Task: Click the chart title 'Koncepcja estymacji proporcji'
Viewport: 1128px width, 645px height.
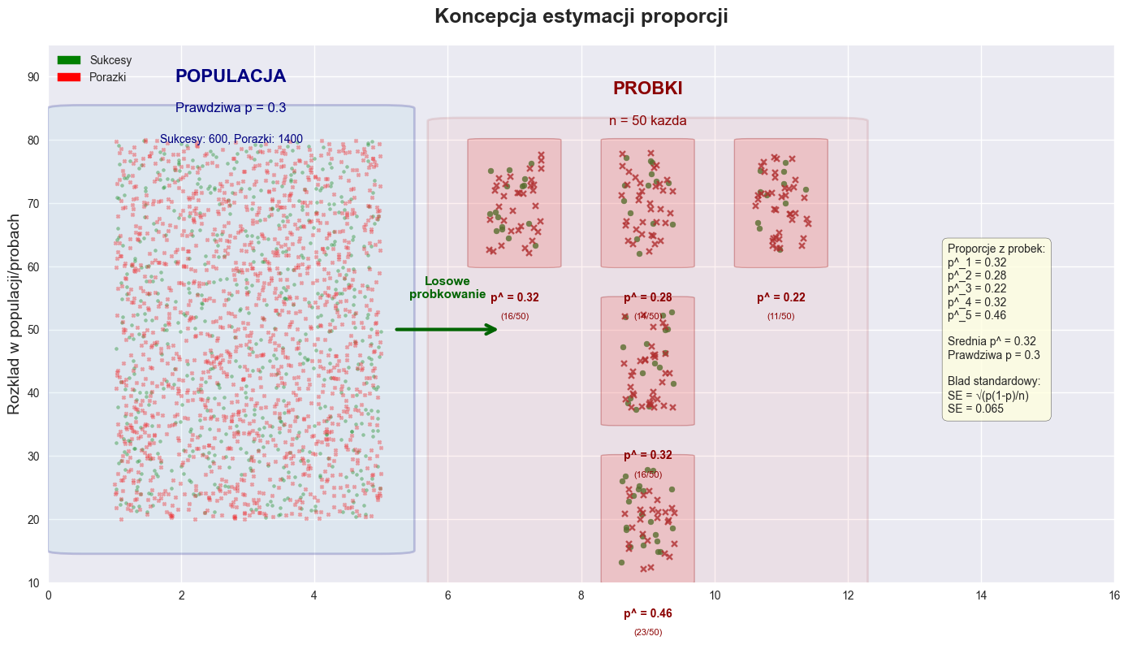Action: pos(581,16)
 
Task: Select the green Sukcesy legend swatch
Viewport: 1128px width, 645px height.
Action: pos(69,60)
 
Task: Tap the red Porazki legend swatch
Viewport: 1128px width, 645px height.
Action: pos(69,76)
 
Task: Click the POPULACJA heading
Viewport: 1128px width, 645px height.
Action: pos(231,76)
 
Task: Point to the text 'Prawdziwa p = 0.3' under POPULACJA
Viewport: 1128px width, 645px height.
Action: pos(231,107)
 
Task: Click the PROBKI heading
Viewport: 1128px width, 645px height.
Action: pos(647,89)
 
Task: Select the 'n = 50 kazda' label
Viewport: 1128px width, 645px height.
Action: pos(647,121)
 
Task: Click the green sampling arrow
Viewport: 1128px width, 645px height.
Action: pos(447,329)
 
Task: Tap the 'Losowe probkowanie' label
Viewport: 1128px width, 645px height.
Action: pos(447,288)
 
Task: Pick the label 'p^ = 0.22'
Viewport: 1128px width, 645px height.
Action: pos(781,298)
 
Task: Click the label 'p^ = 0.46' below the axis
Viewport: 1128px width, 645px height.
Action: pos(648,614)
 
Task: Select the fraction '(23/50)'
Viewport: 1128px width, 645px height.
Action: pos(648,632)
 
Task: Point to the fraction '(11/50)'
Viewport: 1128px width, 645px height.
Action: pos(781,316)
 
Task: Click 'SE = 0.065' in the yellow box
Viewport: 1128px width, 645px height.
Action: pos(975,409)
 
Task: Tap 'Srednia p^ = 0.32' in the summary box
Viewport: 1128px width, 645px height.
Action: pos(992,341)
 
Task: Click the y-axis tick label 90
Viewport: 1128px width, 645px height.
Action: pos(33,77)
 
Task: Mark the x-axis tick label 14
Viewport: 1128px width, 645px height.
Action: pos(980,595)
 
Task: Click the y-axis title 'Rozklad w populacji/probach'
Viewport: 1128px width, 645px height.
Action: pos(14,314)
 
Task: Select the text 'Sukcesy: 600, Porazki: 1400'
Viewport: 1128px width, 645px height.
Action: pos(231,139)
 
